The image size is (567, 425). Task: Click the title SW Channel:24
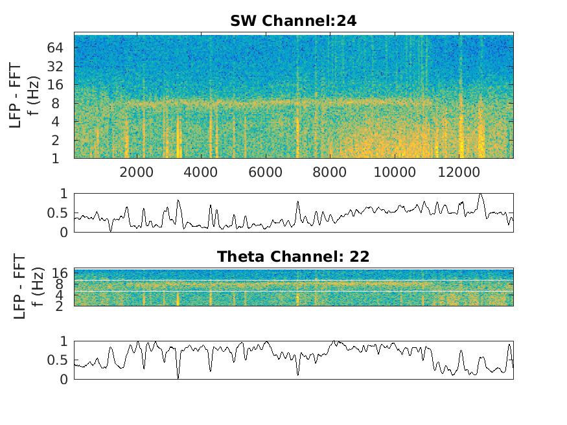(293, 21)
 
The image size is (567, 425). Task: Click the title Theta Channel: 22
(293, 257)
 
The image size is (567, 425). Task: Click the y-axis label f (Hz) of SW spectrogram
(36, 97)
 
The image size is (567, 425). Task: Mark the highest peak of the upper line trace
(480, 194)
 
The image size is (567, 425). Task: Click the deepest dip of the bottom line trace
(178, 378)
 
